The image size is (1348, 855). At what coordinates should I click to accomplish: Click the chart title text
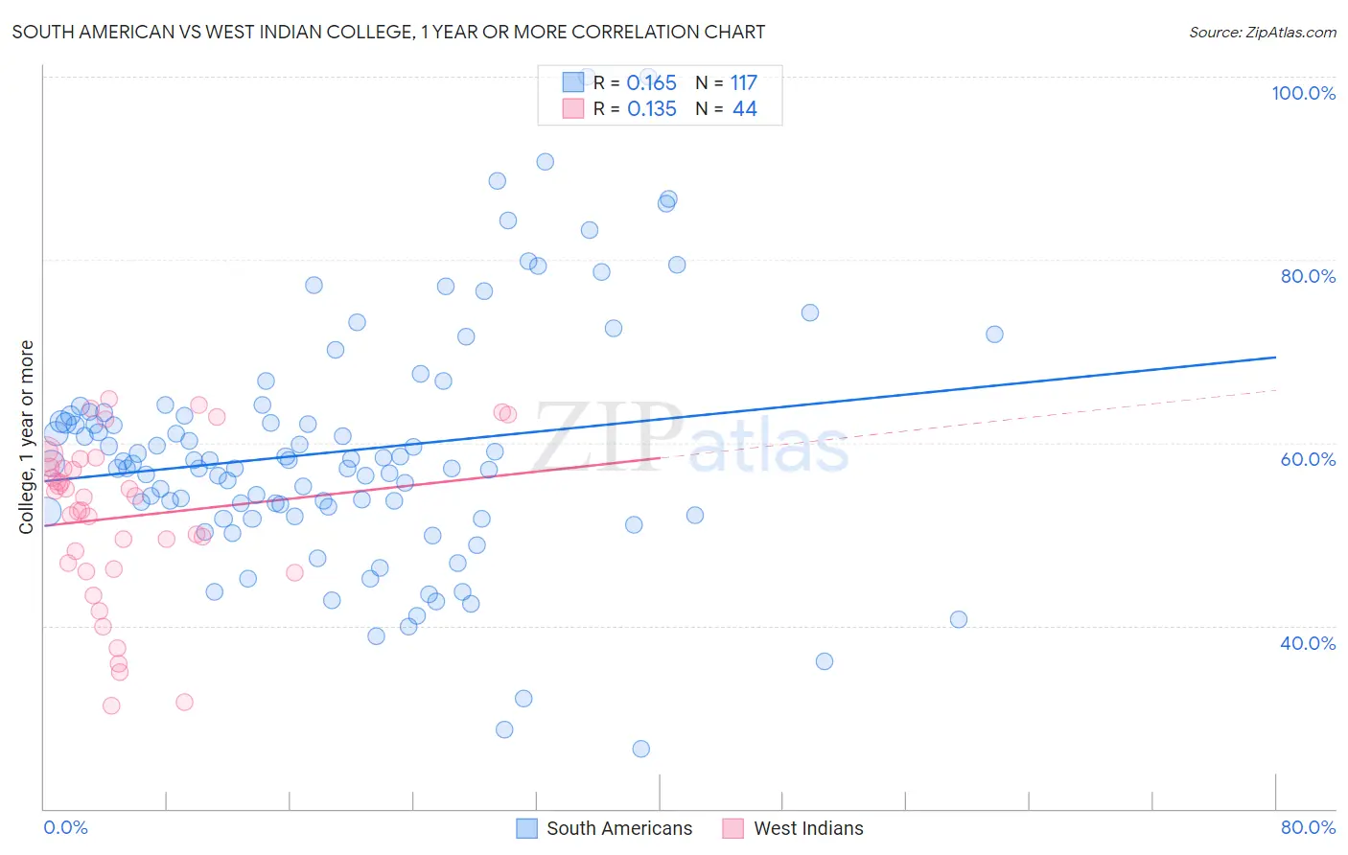click(x=388, y=32)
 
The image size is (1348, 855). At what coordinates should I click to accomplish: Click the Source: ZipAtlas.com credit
click(x=1262, y=32)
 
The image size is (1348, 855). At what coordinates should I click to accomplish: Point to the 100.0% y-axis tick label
click(x=1303, y=93)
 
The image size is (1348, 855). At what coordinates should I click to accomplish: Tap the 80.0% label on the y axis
click(x=1308, y=276)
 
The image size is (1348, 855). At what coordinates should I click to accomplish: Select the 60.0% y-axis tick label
click(x=1308, y=459)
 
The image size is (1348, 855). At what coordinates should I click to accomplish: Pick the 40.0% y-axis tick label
click(x=1308, y=643)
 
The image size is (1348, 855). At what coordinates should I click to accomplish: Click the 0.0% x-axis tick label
click(x=65, y=827)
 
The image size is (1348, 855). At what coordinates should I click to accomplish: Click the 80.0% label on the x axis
click(x=1308, y=827)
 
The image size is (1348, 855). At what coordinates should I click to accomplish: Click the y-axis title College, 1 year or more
click(x=27, y=437)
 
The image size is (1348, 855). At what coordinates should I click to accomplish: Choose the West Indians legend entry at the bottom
click(x=807, y=828)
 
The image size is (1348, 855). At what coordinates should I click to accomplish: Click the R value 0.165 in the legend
click(x=651, y=83)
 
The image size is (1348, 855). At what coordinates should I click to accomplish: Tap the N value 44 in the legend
click(x=745, y=109)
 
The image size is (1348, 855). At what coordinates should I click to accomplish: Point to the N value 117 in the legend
click(x=743, y=83)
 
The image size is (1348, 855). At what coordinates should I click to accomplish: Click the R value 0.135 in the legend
click(x=651, y=109)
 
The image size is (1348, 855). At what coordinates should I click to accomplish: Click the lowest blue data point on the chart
click(x=641, y=749)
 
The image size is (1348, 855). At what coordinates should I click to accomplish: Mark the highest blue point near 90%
click(x=545, y=162)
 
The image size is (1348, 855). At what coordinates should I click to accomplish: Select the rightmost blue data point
click(x=994, y=335)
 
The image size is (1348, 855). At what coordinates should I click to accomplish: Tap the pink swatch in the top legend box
click(x=572, y=108)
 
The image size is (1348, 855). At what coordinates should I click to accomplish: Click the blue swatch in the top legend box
click(x=572, y=82)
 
